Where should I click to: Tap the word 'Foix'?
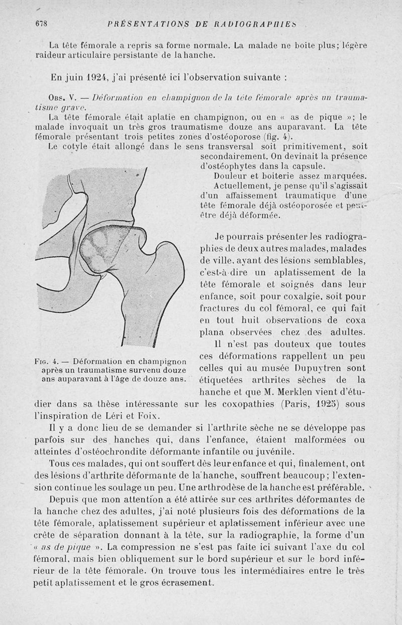tap(148, 415)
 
